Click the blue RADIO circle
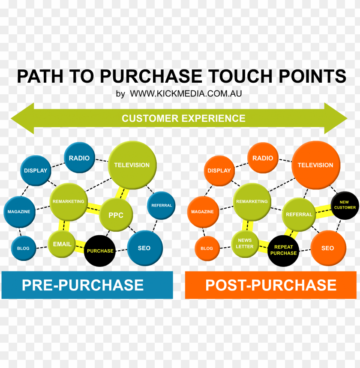pyautogui.click(x=79, y=158)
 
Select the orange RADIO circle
pyautogui.click(x=263, y=158)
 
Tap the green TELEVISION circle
pyautogui.click(x=132, y=165)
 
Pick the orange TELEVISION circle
pyautogui.click(x=315, y=165)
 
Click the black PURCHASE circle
pyautogui.click(x=100, y=251)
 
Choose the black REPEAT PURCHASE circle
pyautogui.click(x=283, y=250)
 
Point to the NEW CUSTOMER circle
pyautogui.click(x=345, y=205)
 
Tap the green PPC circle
pyautogui.click(x=116, y=215)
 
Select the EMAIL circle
pyautogui.click(x=62, y=244)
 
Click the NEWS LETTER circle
pyautogui.click(x=245, y=243)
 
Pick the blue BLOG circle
pyautogui.click(x=23, y=248)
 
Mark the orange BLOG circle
pyautogui.click(x=207, y=248)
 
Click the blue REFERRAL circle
pyautogui.click(x=162, y=206)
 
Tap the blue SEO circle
pyautogui.click(x=144, y=248)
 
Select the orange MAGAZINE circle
pyautogui.click(x=202, y=212)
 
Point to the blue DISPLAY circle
pyautogui.click(x=36, y=171)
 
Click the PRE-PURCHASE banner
pyautogui.click(x=87, y=285)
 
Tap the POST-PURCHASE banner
pyautogui.click(x=270, y=285)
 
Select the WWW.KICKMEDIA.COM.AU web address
pyautogui.click(x=186, y=93)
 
